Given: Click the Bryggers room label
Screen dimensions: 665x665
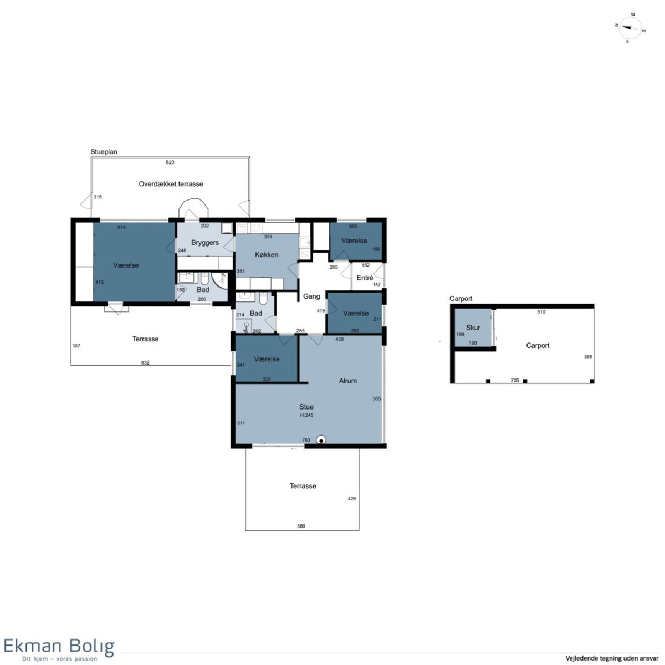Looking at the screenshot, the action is click(204, 243).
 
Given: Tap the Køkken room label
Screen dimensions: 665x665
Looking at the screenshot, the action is click(267, 255).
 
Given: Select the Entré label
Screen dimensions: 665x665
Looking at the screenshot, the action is click(365, 278).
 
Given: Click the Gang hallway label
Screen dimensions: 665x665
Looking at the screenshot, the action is click(311, 296).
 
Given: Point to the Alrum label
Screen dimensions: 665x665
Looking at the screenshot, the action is click(348, 381).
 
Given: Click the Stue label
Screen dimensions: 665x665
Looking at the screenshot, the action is click(306, 407).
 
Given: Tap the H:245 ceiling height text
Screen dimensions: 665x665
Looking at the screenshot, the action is click(307, 415).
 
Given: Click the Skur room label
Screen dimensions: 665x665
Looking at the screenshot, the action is click(473, 328).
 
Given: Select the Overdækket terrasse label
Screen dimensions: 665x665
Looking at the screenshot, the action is click(171, 184).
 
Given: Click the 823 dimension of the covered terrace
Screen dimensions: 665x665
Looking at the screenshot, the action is click(170, 162).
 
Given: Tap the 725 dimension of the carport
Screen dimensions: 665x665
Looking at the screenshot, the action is click(514, 380).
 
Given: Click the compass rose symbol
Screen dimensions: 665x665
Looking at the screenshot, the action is click(630, 28).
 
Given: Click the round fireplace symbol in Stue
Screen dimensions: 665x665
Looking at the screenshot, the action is click(321, 439).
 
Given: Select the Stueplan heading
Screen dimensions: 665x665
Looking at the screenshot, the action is click(104, 152).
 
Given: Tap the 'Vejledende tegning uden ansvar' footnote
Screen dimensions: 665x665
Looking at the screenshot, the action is click(612, 658).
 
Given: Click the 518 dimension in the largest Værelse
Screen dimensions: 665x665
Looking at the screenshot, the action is click(121, 227).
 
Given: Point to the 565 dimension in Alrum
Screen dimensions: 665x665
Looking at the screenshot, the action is click(376, 398).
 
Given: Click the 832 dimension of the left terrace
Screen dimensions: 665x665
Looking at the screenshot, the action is click(145, 362).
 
